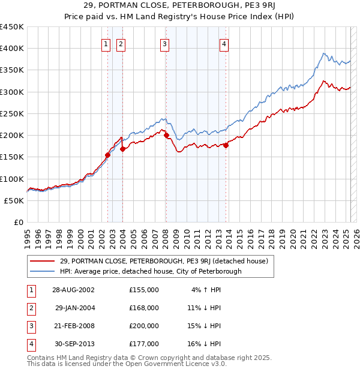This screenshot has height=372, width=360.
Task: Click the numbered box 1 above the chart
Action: click(106, 43)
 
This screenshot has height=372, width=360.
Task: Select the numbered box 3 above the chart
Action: click(164, 43)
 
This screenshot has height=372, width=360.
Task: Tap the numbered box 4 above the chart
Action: click(223, 43)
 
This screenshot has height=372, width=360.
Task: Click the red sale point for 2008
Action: click(166, 135)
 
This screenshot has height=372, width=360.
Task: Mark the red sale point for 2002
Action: click(108, 155)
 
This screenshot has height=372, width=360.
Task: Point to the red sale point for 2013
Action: click(226, 145)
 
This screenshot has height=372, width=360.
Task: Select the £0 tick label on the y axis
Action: click(19, 222)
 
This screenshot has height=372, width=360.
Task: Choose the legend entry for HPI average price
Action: click(151, 271)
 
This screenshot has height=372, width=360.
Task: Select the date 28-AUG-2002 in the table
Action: click(74, 290)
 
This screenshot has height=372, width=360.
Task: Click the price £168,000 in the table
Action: click(144, 308)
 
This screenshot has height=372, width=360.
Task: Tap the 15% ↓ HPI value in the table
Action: click(206, 326)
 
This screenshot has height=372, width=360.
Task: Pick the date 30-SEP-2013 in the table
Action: click(74, 344)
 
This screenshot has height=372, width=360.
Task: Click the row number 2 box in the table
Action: click(30, 308)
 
